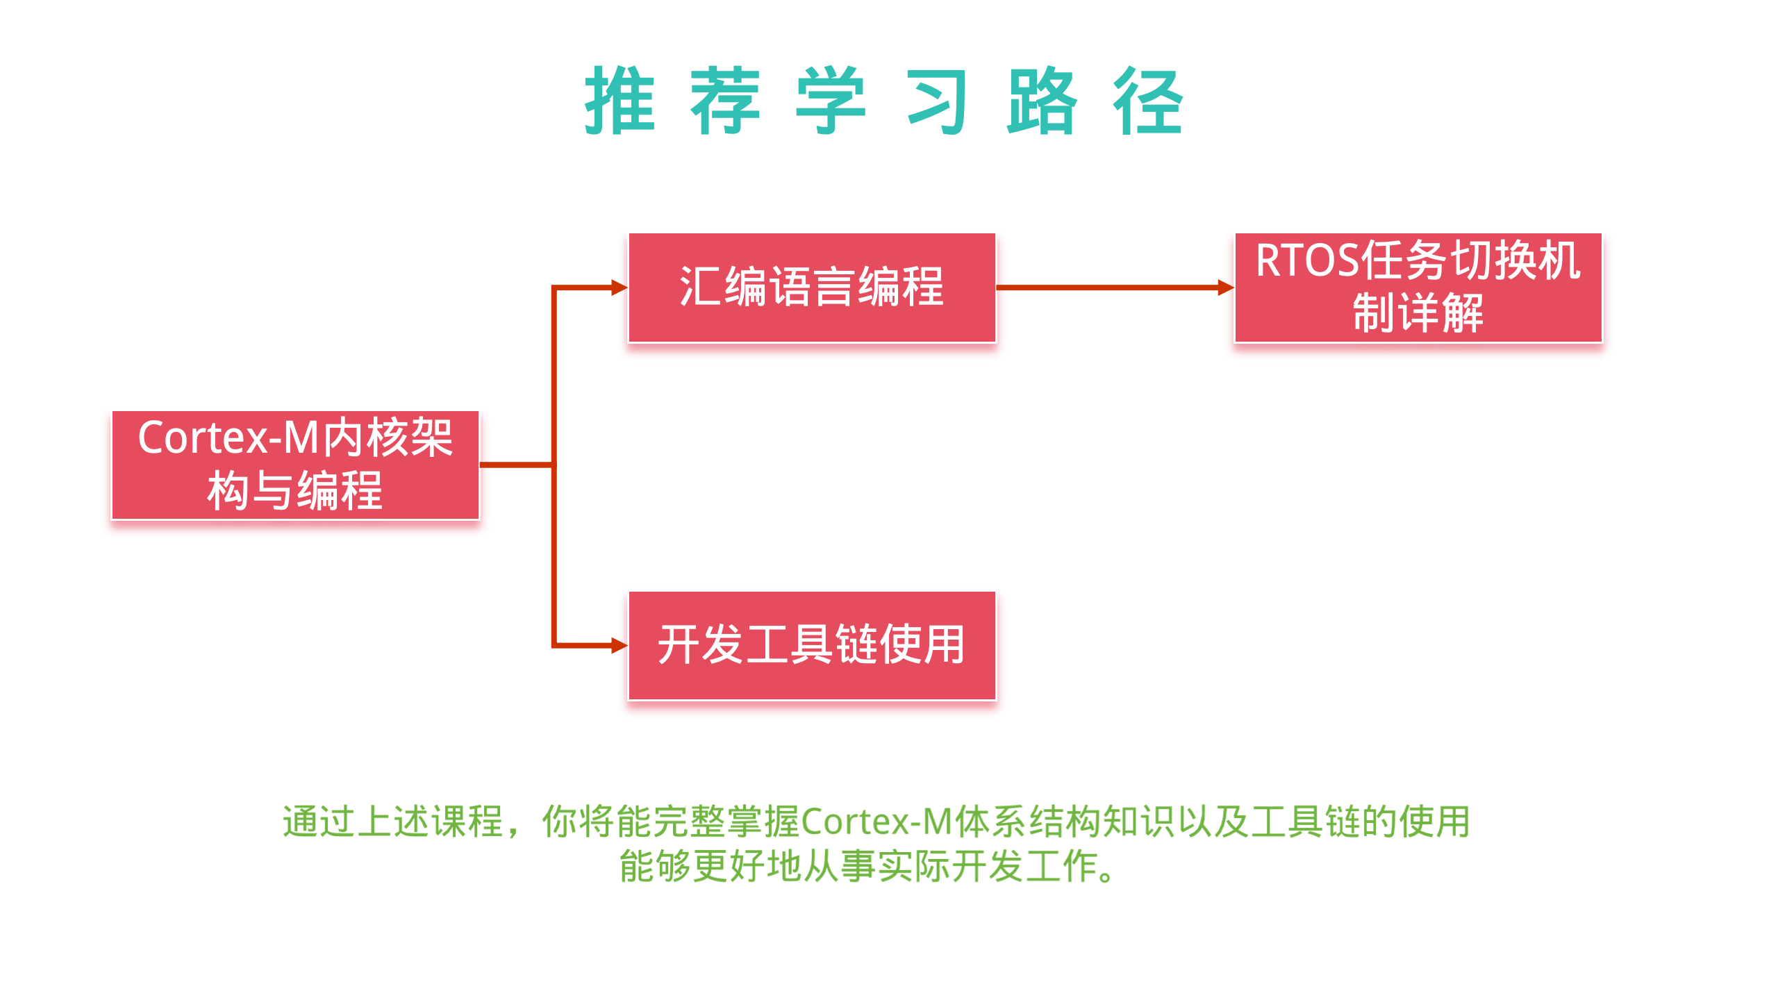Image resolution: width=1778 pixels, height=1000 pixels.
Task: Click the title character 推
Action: [620, 101]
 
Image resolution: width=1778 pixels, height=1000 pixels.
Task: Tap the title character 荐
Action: [725, 101]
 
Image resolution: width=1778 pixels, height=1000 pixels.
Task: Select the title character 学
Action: [831, 101]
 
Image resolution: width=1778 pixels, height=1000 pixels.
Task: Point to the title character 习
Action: [937, 101]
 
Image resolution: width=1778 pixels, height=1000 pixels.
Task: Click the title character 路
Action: [1042, 101]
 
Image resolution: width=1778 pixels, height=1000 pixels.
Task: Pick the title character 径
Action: [1148, 101]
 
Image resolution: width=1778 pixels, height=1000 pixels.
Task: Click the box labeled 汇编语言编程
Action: [812, 287]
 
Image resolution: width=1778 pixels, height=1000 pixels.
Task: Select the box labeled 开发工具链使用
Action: [812, 646]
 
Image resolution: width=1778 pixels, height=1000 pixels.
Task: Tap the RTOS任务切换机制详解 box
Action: [1418, 287]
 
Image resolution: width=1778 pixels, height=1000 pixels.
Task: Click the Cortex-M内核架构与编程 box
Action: [295, 465]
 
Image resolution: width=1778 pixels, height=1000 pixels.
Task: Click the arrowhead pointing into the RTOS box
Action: [1225, 287]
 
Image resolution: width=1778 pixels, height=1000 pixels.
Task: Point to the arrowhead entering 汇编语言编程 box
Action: [619, 287]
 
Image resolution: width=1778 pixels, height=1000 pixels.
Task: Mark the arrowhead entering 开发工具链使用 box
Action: [619, 646]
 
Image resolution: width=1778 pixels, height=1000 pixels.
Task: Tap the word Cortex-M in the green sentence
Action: [876, 822]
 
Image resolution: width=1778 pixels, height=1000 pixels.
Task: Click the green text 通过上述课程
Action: [392, 822]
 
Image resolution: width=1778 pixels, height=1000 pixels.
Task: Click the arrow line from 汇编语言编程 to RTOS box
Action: [1108, 287]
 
